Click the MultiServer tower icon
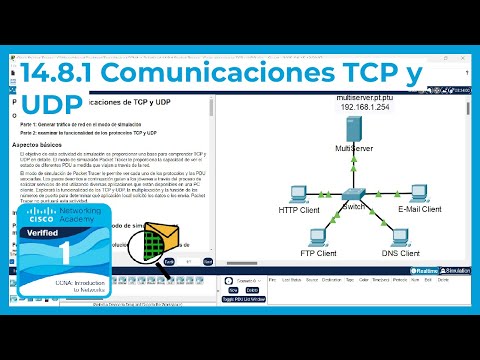[x=352, y=129]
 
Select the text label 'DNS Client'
[x=401, y=254]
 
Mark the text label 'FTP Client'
[x=319, y=254]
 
